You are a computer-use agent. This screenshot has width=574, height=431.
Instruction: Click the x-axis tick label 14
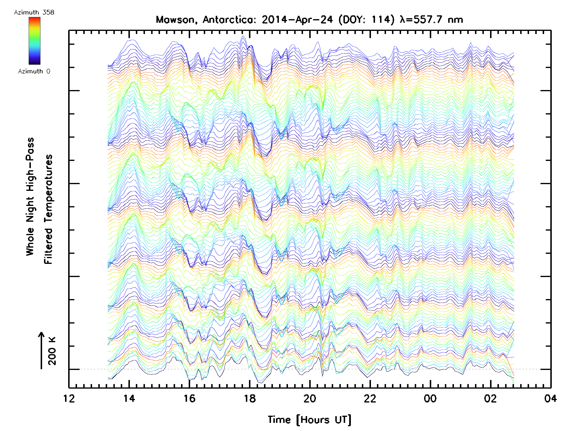129,398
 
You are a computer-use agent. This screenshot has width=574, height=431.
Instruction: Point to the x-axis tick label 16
189,398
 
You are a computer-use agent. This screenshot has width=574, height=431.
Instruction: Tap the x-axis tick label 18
250,398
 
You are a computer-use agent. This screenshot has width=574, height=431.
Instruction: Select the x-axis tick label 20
310,398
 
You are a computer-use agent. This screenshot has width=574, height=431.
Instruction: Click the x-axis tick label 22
370,398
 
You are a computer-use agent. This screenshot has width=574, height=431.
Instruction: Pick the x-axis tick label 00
430,398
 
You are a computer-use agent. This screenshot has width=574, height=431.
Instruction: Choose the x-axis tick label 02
491,398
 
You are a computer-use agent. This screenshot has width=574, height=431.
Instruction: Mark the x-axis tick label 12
69,398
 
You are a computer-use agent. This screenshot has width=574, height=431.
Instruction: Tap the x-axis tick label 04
550,398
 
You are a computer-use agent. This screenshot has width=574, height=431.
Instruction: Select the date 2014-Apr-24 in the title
297,20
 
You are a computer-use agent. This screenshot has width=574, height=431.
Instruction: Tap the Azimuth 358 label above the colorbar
34,12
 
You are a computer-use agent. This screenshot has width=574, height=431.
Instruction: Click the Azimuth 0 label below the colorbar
34,71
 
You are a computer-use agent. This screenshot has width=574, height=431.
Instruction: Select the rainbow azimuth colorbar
34,41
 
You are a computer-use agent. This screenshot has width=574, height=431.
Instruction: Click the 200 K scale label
52,351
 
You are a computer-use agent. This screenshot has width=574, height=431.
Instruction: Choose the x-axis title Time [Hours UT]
309,420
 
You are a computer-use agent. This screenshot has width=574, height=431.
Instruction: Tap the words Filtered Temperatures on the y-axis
48,209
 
